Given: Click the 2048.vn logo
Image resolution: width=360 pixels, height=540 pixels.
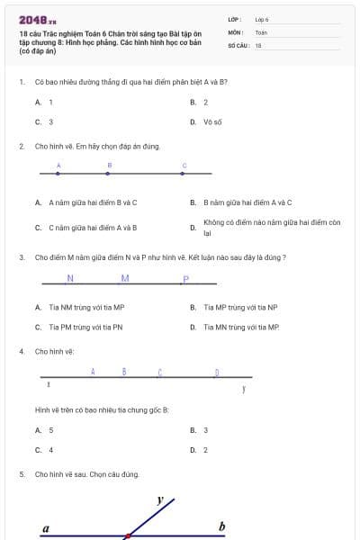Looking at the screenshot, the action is (38, 19).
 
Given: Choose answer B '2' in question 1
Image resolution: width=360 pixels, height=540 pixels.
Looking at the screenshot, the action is (205, 103).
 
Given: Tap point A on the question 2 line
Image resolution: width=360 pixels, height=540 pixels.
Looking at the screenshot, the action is (58, 173).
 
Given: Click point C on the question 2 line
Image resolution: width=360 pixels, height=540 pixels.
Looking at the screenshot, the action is (184, 173).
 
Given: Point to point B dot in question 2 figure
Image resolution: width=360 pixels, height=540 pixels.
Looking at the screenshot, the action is (109, 173).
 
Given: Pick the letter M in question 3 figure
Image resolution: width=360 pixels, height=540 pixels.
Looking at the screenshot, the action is (125, 277).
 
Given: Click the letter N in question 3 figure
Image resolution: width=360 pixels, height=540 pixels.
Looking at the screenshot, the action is (70, 277).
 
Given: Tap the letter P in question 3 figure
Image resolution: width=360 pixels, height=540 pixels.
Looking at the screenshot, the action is (185, 278).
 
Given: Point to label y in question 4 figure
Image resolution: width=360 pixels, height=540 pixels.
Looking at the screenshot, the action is (243, 389).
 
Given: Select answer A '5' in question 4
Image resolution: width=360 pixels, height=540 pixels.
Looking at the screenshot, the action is (50, 430).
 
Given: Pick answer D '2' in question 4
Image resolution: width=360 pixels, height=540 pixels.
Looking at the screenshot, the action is (205, 449).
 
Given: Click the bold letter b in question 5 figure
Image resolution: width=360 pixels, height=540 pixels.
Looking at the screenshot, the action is (222, 526).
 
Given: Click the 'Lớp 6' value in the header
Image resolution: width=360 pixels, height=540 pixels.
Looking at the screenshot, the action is (262, 19).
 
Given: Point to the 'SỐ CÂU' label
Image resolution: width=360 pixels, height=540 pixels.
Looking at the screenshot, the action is (238, 44).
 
